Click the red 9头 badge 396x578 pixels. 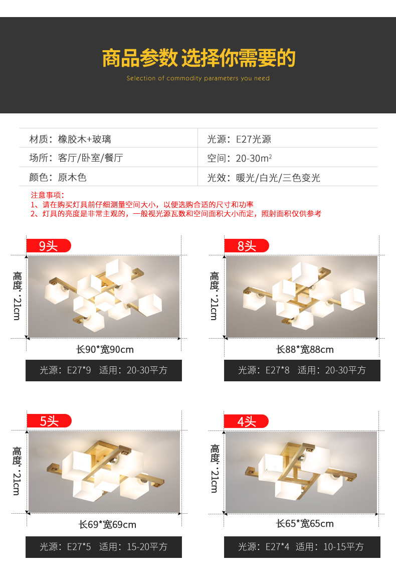49,245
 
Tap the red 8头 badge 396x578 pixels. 247,245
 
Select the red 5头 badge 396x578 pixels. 49,420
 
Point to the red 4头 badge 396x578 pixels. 247,421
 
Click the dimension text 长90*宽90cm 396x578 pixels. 105,349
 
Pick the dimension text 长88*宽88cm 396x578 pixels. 305,349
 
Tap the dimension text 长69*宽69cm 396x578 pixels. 107,524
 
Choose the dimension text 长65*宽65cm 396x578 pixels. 305,523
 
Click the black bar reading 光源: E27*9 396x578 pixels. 104,370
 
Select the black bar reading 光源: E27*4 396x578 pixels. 302,547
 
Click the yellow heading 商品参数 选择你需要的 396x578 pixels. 199,58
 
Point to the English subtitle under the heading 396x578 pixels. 198,78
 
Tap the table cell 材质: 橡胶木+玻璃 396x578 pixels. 70,139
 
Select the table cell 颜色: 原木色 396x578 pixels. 58,177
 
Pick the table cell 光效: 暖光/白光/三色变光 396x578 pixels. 264,178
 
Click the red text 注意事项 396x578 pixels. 47,195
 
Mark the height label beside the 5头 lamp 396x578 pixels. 17,471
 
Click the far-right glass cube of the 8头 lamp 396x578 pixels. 352,299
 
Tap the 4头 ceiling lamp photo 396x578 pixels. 301,472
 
